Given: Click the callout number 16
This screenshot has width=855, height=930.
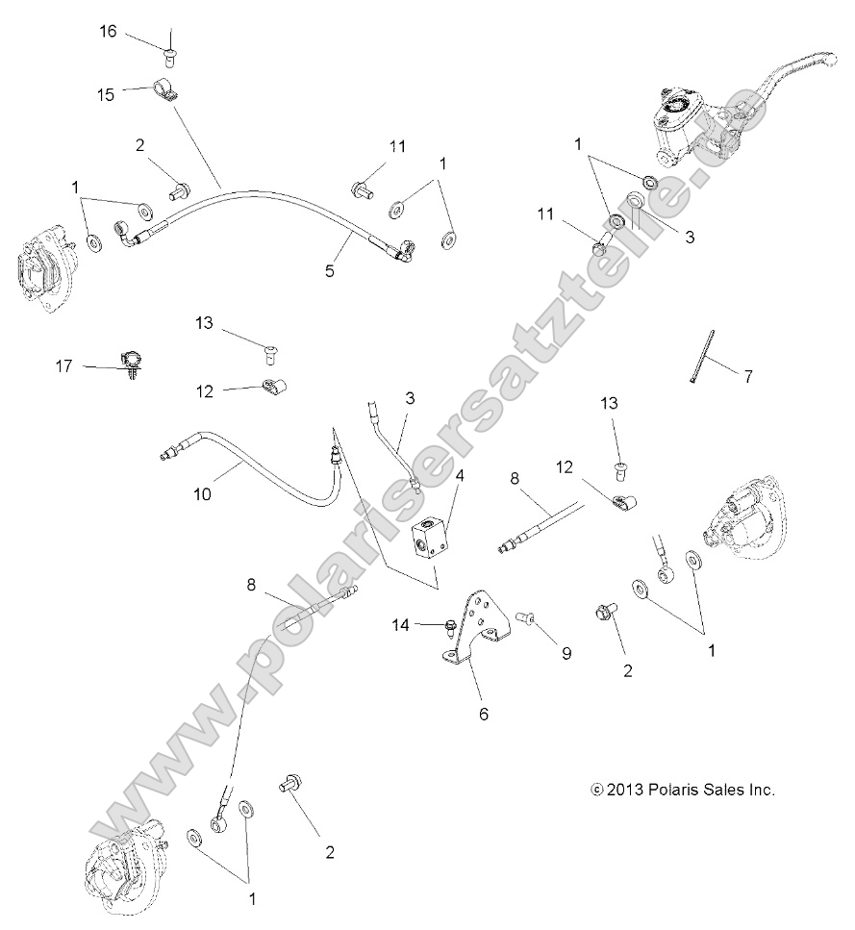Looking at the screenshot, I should [108, 32].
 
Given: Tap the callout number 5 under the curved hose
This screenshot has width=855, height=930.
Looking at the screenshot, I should [329, 272].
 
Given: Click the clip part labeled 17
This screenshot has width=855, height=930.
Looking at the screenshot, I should [132, 364].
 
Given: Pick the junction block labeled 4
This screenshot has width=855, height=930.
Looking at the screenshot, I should [428, 539].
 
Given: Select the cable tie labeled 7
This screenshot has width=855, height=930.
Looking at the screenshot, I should [701, 356].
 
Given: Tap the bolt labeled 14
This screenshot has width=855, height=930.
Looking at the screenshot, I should [451, 627].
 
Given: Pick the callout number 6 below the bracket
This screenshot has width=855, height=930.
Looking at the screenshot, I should [483, 714].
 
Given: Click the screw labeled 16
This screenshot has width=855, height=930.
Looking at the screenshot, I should [170, 41].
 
